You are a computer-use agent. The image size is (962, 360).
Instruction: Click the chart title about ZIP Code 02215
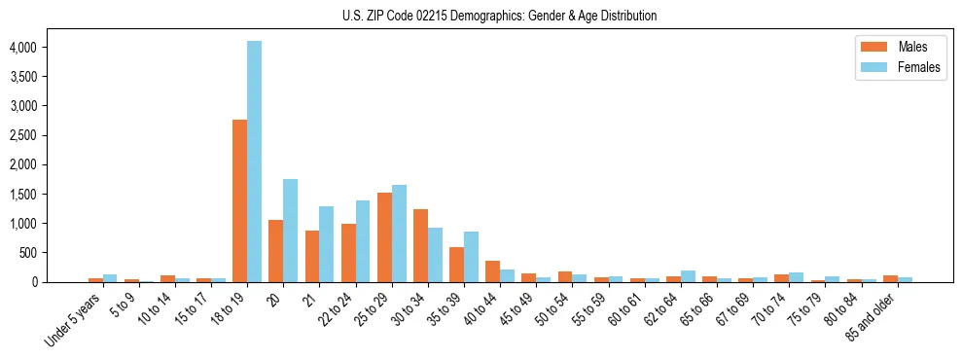point(499,16)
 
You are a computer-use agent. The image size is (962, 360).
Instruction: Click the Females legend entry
point(899,69)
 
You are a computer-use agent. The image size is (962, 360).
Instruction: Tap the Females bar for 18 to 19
point(254,162)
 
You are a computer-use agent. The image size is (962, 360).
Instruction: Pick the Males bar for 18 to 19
point(239,200)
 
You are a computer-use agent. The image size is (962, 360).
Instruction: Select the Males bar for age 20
point(275,251)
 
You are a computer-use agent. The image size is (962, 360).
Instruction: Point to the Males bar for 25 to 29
point(384,237)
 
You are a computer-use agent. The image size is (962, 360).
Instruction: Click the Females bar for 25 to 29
point(399,234)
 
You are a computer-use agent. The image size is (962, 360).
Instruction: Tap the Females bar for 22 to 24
point(363,241)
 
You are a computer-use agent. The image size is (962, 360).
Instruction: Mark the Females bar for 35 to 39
point(471,257)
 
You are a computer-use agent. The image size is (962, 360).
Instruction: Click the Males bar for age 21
point(312,256)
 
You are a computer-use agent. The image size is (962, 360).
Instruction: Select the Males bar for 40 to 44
point(492,271)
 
